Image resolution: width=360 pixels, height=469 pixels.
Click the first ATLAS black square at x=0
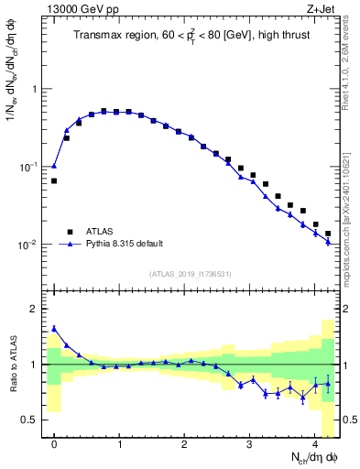tap(54, 180)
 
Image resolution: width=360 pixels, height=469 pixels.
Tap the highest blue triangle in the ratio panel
tap(54, 328)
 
